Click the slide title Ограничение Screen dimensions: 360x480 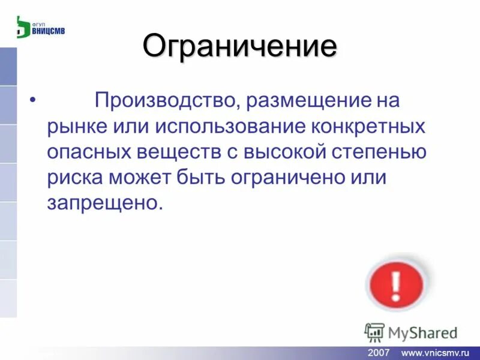point(239,47)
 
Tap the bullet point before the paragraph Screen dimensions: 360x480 point(32,100)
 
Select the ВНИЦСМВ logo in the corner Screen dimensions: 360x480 point(40,27)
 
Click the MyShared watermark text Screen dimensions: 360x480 point(422,332)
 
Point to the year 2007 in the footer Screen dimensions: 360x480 point(379,352)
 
